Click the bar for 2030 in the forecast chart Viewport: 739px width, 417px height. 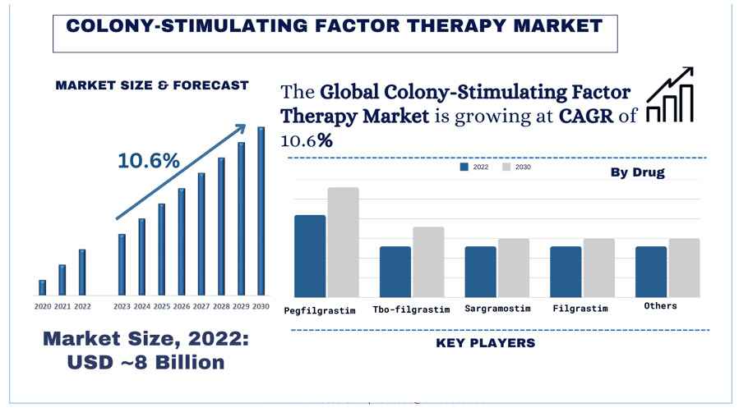261,211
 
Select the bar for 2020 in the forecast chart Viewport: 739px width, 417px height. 42,286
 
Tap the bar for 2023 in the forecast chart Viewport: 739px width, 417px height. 122,264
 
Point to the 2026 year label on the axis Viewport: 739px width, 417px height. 182,306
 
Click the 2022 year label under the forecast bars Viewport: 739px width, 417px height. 82,306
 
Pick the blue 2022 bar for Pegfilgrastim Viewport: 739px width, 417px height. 310,256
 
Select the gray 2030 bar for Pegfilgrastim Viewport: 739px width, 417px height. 344,242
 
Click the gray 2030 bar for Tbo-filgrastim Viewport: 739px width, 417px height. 428,262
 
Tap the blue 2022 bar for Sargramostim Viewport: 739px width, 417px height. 480,272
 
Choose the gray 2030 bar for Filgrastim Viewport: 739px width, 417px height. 598,268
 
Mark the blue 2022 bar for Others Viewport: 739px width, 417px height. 650,272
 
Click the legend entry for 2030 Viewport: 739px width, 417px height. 517,167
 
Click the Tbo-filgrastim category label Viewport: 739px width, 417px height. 411,309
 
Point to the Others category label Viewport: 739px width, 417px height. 660,306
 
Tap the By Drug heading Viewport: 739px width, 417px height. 637,172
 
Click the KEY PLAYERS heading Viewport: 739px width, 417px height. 485,342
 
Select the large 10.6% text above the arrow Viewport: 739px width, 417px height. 149,161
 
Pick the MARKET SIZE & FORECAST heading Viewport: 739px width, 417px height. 151,85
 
